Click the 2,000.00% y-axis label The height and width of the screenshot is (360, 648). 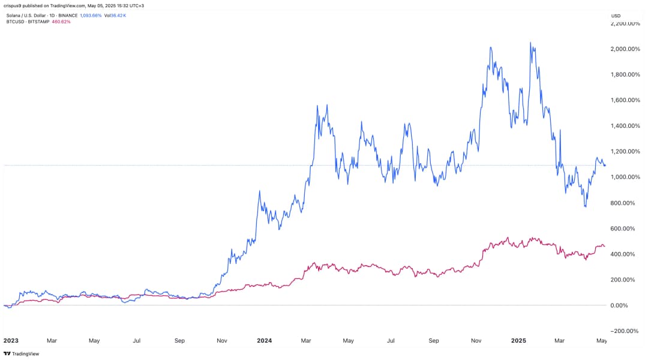[624, 49]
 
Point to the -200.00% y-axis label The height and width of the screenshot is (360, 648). [624, 331]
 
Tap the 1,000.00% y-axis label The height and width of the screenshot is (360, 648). [624, 177]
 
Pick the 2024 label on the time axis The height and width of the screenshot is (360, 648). [264, 340]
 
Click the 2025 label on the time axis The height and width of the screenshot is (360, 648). [519, 340]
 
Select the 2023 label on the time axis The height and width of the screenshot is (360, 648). [10, 340]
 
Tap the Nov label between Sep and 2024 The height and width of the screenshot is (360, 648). [222, 340]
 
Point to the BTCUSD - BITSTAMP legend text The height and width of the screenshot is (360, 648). [28, 22]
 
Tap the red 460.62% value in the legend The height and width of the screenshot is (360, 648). [62, 22]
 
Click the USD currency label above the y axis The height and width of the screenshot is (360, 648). [616, 15]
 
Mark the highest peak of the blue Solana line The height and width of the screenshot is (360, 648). [530, 43]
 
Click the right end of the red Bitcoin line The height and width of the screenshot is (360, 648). [605, 246]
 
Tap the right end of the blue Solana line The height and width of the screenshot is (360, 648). [605, 165]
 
